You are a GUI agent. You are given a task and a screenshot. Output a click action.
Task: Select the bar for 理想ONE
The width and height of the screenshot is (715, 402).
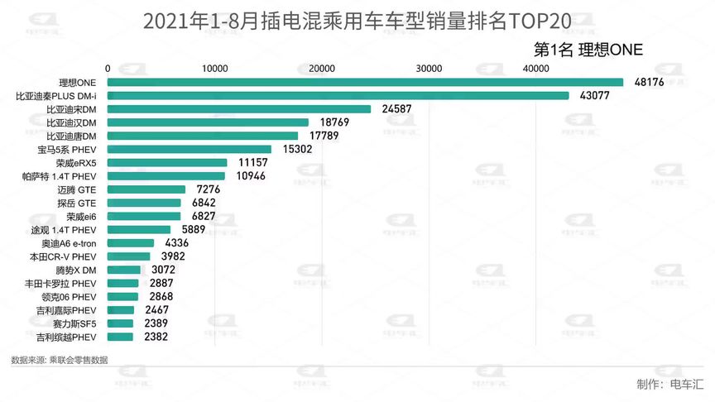point(365,82)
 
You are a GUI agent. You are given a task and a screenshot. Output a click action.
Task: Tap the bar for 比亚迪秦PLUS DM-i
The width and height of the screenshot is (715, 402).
point(338,96)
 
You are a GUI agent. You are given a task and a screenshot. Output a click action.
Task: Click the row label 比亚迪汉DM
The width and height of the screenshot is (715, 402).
point(72,122)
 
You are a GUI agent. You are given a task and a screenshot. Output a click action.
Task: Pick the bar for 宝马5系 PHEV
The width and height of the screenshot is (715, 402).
point(190,149)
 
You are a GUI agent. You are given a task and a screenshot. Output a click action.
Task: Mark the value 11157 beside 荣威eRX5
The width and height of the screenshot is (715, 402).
point(252,163)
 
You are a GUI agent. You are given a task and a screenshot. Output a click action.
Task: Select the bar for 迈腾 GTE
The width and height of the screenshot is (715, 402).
point(146,189)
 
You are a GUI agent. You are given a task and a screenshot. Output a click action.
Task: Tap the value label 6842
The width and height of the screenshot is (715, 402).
point(204,203)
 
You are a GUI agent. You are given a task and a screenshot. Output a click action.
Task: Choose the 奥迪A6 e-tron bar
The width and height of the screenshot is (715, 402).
point(131,243)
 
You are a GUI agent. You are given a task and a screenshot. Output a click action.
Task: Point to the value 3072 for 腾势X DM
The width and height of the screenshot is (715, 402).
point(164,270)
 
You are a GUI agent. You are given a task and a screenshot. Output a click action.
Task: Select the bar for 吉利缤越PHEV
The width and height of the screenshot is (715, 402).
point(120,337)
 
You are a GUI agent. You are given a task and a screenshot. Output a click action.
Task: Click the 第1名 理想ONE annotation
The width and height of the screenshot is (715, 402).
point(589,50)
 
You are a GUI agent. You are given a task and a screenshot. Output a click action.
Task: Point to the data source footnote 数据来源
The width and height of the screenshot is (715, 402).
point(59,360)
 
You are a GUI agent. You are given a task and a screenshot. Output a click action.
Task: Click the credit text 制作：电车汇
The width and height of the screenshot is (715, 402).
point(669,384)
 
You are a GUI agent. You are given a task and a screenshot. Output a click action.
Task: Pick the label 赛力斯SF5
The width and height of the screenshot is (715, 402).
point(75,323)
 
